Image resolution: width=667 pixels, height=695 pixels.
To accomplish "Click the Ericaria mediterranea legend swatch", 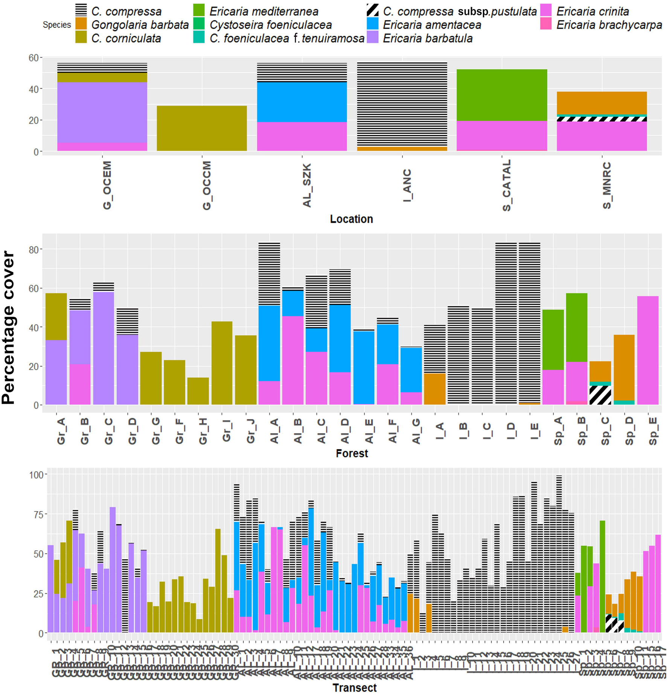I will point(198,11).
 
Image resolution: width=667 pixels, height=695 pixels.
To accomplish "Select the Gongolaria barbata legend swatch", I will point(81,24).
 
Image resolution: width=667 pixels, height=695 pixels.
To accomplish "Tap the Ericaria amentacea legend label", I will point(432,25).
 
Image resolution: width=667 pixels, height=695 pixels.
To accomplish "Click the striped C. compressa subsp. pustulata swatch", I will point(372,11).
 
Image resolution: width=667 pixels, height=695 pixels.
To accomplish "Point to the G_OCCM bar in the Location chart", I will point(202,128).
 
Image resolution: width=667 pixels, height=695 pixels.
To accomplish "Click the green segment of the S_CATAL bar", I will point(502,95).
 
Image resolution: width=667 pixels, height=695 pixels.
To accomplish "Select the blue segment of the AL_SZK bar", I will point(302,102).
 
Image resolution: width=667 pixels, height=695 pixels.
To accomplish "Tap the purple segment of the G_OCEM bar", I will point(102,112).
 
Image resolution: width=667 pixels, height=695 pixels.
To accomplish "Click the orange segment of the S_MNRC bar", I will point(602,103).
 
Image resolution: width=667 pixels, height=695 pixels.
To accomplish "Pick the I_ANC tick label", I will point(408,185).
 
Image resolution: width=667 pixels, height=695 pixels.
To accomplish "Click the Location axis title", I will point(351,219).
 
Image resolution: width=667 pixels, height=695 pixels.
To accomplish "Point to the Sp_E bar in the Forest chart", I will point(648,350).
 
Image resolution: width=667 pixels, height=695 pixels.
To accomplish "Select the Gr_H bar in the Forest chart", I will point(198,391).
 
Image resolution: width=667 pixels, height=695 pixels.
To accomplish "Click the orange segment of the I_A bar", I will point(435,389).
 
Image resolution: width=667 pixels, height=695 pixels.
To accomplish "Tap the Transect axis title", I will point(355,687).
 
